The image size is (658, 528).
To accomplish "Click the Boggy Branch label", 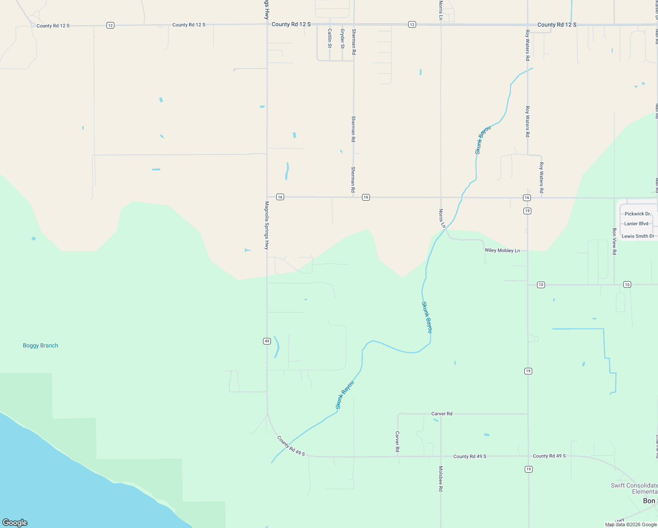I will coord(40,345).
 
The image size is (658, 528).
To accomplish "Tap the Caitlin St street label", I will coord(330,38).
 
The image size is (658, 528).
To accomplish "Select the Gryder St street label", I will coord(343,38).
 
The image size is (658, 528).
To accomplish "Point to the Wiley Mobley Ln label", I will coord(502,250).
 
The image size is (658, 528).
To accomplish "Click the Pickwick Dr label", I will coord(637,214).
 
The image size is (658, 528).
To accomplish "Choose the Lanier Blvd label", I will coord(636,224).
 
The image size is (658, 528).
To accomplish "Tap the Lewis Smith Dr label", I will coord(638,236).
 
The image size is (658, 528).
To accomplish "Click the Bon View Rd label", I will coord(614,241).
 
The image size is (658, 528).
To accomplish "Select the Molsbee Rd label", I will coord(441,479).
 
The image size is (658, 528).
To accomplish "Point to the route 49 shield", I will coord(267,341).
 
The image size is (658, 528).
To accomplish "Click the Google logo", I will coord(15,523).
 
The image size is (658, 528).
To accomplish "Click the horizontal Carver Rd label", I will coord(442,414).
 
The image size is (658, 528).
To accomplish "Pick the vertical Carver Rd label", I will coord(397,441).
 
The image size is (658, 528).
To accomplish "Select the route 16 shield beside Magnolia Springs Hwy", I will coord(280,197).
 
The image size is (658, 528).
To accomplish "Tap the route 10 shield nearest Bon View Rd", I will coord(627,285).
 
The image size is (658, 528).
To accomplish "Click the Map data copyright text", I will coord(631,524).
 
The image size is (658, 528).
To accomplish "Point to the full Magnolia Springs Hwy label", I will coord(267,225).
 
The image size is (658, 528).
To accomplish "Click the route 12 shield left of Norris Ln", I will coord(412,25).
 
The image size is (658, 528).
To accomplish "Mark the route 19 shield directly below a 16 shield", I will coord(527,211).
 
